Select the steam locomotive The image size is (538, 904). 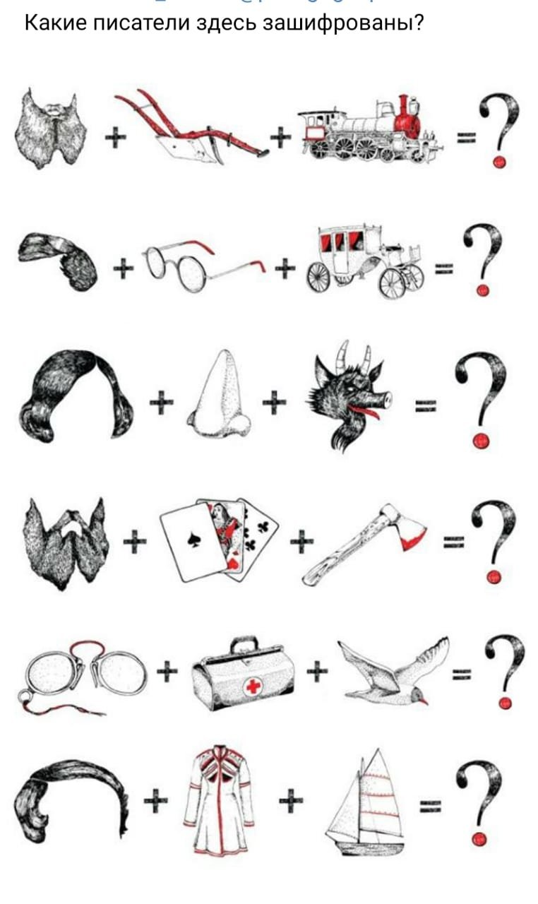(370, 129)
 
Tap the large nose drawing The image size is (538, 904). (219, 393)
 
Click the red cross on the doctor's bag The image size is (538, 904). (253, 686)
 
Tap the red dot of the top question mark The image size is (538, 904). (499, 162)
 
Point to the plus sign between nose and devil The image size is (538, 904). (275, 402)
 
